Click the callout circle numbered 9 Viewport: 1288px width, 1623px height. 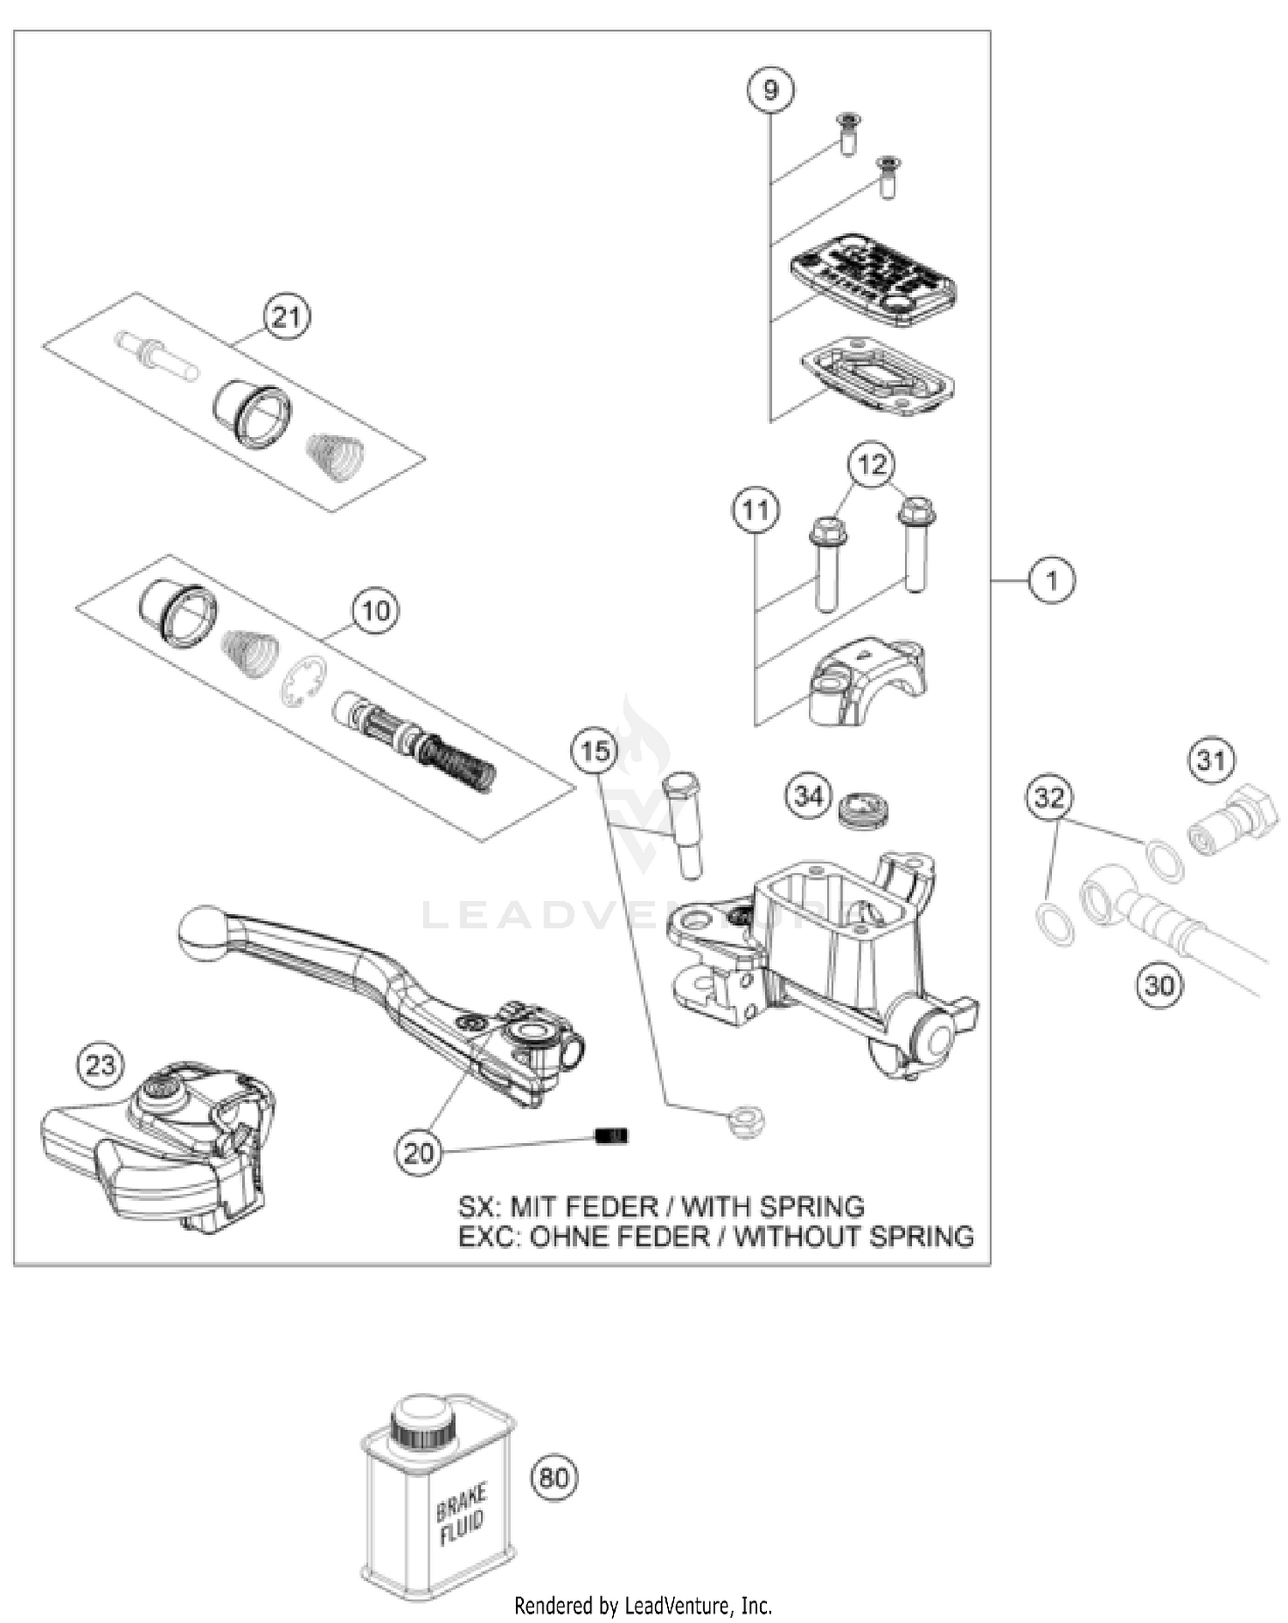(x=769, y=89)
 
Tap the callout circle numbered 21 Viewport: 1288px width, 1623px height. (x=286, y=317)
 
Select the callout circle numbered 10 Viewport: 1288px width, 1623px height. (x=376, y=611)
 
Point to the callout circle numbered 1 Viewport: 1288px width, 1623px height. (x=1052, y=581)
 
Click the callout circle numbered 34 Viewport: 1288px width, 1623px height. (x=808, y=796)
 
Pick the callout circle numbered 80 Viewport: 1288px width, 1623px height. (x=554, y=1477)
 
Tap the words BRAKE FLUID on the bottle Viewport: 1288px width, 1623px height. (x=460, y=1515)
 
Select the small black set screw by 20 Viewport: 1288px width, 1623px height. (x=612, y=1135)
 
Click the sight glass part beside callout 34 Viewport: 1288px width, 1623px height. (x=864, y=810)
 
